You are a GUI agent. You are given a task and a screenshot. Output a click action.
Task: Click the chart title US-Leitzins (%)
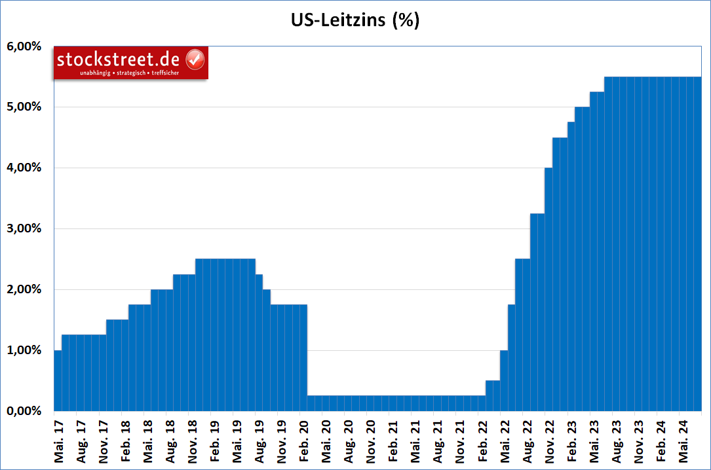(x=355, y=20)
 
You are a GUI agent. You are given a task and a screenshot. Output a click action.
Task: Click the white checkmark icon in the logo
(x=195, y=60)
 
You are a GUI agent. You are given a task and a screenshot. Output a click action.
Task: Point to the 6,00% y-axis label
(x=24, y=46)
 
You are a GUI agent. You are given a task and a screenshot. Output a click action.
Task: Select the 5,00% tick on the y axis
(x=24, y=107)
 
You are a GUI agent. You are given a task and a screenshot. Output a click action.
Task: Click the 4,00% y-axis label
(x=24, y=168)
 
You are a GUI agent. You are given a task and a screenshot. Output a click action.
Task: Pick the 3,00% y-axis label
(x=24, y=229)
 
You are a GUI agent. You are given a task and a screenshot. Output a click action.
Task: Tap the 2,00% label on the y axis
(x=24, y=290)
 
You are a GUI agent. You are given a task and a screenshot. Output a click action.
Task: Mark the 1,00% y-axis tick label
(x=24, y=351)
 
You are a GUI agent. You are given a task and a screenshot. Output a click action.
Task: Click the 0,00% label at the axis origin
(x=24, y=411)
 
